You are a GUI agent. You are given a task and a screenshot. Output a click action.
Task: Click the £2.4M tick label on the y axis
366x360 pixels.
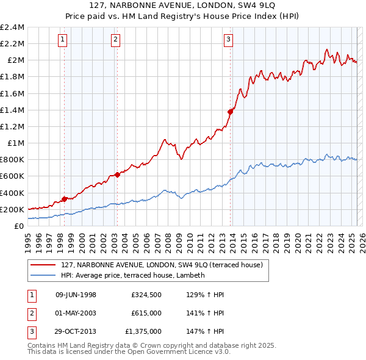coord(12,27)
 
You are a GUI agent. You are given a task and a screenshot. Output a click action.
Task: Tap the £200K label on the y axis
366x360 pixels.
coord(12,209)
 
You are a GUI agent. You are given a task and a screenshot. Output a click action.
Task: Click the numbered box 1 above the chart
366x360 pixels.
coord(63,40)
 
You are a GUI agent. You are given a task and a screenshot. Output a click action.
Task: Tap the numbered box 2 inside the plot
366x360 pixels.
coord(115,40)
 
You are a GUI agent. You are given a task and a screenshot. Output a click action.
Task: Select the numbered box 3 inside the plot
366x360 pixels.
coord(229,40)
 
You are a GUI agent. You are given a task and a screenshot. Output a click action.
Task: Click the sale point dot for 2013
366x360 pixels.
coord(231,112)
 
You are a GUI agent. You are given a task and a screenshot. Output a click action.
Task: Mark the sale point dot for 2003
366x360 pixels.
coord(117,175)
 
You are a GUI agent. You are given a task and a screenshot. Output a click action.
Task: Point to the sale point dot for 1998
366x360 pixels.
coord(64,199)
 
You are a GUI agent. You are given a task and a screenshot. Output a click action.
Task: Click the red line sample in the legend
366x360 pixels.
coord(43,265)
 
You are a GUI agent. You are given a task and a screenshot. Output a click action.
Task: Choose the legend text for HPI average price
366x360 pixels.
coord(132,275)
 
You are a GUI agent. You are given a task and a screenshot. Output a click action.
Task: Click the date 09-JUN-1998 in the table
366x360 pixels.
coord(76,295)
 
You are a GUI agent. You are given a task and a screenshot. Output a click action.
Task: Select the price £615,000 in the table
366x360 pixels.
coord(146,314)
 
